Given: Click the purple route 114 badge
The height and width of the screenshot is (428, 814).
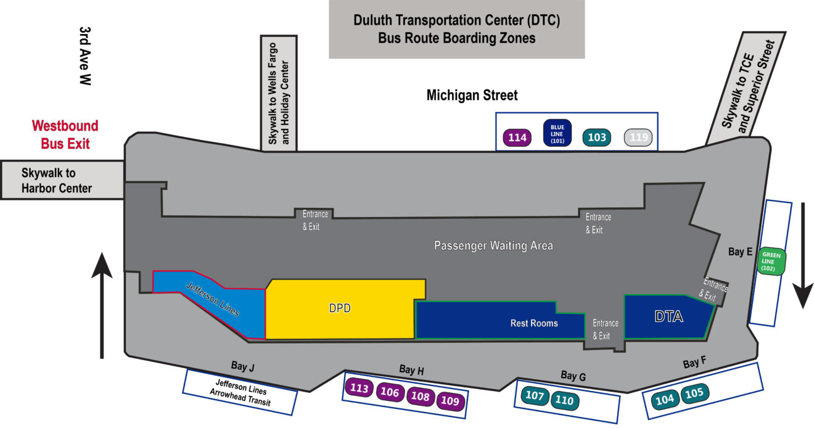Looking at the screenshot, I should [x=517, y=138].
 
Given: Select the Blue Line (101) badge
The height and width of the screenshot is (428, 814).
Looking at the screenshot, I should [x=557, y=133].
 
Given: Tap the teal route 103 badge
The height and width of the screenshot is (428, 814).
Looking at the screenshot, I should [x=597, y=138].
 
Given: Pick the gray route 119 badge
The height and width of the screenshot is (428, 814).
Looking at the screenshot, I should [x=638, y=138].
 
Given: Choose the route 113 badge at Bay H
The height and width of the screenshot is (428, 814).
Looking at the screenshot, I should [x=359, y=389].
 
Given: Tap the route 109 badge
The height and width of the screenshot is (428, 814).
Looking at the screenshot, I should [x=450, y=401].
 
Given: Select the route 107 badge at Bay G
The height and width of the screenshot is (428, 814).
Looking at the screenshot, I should [x=535, y=395].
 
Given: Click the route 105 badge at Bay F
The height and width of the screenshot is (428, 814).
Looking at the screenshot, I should [x=694, y=392].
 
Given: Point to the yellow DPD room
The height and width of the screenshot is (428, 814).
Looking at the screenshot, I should [x=340, y=308].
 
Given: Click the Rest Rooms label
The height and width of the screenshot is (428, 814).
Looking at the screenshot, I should [x=534, y=323].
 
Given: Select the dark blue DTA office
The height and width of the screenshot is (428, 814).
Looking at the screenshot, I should [x=668, y=317].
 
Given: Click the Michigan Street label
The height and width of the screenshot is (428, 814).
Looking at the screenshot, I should [x=472, y=96].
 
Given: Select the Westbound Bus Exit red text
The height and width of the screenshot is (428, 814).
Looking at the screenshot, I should [x=65, y=135].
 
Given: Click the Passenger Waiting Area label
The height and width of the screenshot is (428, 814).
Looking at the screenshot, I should [x=493, y=245].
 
